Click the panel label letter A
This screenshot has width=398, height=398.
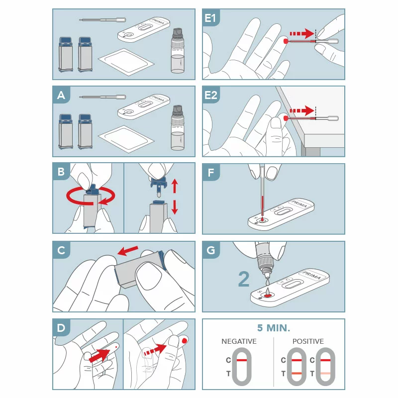(x=61, y=95)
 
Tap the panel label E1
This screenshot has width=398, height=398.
(x=210, y=18)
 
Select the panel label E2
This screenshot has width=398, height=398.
(x=211, y=95)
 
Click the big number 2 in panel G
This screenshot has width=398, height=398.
(x=244, y=279)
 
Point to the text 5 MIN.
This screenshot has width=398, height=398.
(x=274, y=328)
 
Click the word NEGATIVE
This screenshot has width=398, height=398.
(x=239, y=341)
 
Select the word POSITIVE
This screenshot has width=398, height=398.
(x=308, y=341)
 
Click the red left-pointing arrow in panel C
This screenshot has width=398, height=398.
(x=128, y=251)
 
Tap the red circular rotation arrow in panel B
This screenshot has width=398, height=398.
(x=91, y=196)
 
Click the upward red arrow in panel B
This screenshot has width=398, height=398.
(x=175, y=186)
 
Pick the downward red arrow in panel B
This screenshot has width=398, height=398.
(x=175, y=207)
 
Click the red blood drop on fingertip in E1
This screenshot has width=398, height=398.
(x=286, y=41)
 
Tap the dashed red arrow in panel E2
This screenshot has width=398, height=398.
(x=302, y=110)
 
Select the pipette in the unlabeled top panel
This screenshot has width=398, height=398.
(x=102, y=19)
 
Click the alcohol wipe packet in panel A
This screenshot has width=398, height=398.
(x=126, y=139)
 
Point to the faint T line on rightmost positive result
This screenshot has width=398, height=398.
(x=325, y=374)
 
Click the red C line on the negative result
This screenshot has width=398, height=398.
(x=242, y=360)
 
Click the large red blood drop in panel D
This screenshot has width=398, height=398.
(x=185, y=341)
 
